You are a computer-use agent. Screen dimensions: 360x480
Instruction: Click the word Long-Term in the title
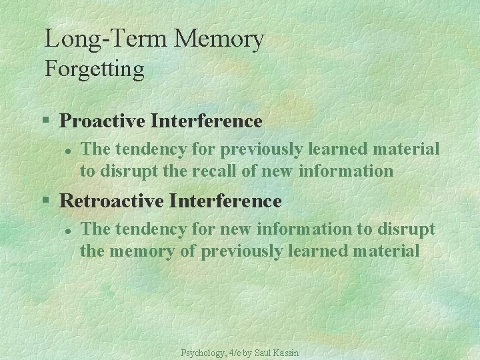106,39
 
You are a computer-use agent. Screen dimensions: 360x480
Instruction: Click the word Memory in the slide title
219,39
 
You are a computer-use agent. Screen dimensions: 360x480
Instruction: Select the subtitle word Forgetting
94,69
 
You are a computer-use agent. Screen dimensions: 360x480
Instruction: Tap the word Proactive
103,121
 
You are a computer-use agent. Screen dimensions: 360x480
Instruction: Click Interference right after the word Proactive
207,121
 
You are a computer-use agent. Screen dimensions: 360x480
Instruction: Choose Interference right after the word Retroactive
227,201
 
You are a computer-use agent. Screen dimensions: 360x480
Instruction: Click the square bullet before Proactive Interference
46,121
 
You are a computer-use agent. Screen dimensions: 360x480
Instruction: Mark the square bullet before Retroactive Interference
46,201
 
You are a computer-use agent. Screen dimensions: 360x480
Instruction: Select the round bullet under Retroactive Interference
67,229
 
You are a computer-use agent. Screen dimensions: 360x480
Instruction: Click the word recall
215,171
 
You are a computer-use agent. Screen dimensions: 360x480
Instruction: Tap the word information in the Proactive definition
346,171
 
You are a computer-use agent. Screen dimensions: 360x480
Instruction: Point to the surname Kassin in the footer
286,352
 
